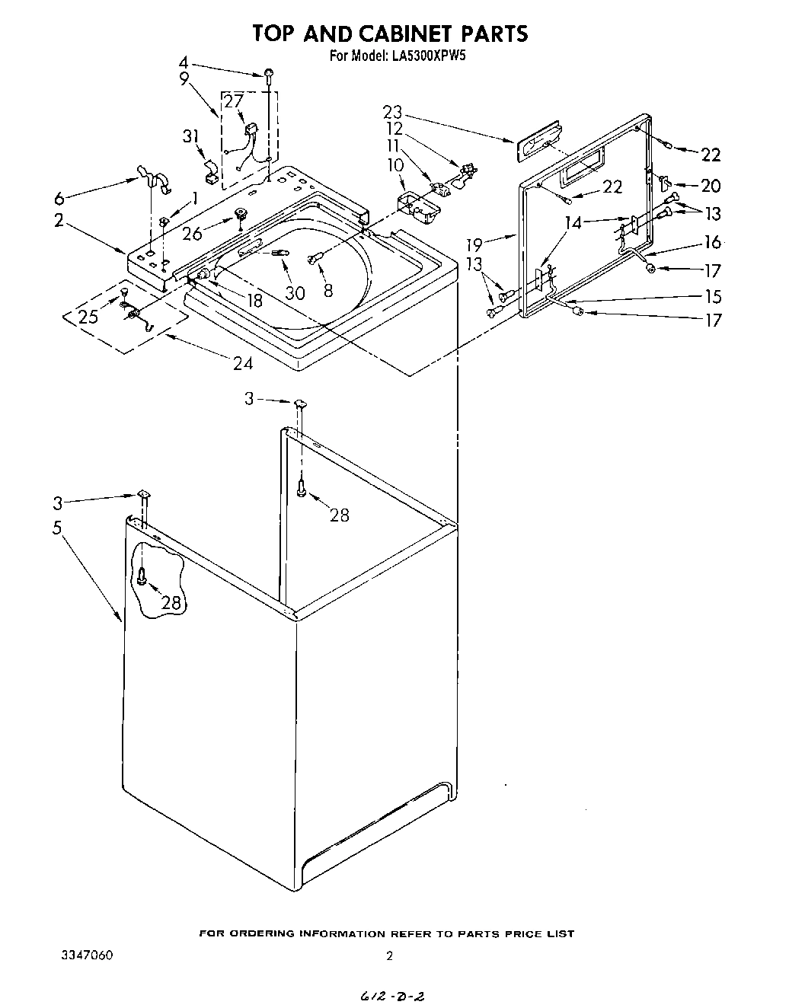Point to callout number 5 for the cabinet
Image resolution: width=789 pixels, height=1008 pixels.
[57, 528]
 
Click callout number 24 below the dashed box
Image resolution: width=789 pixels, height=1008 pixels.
[243, 363]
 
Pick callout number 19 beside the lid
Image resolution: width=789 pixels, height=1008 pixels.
[474, 244]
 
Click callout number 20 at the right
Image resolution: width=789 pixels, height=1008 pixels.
[710, 185]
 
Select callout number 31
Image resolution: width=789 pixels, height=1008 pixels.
[190, 136]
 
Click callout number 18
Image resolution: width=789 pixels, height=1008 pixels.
[254, 301]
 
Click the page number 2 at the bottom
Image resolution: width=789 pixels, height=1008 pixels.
[389, 957]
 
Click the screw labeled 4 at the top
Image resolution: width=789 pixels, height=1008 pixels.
[270, 73]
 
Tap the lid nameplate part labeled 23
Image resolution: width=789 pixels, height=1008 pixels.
[536, 141]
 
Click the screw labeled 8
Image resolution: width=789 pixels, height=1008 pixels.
[315, 260]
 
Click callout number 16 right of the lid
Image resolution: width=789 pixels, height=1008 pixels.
[712, 243]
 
